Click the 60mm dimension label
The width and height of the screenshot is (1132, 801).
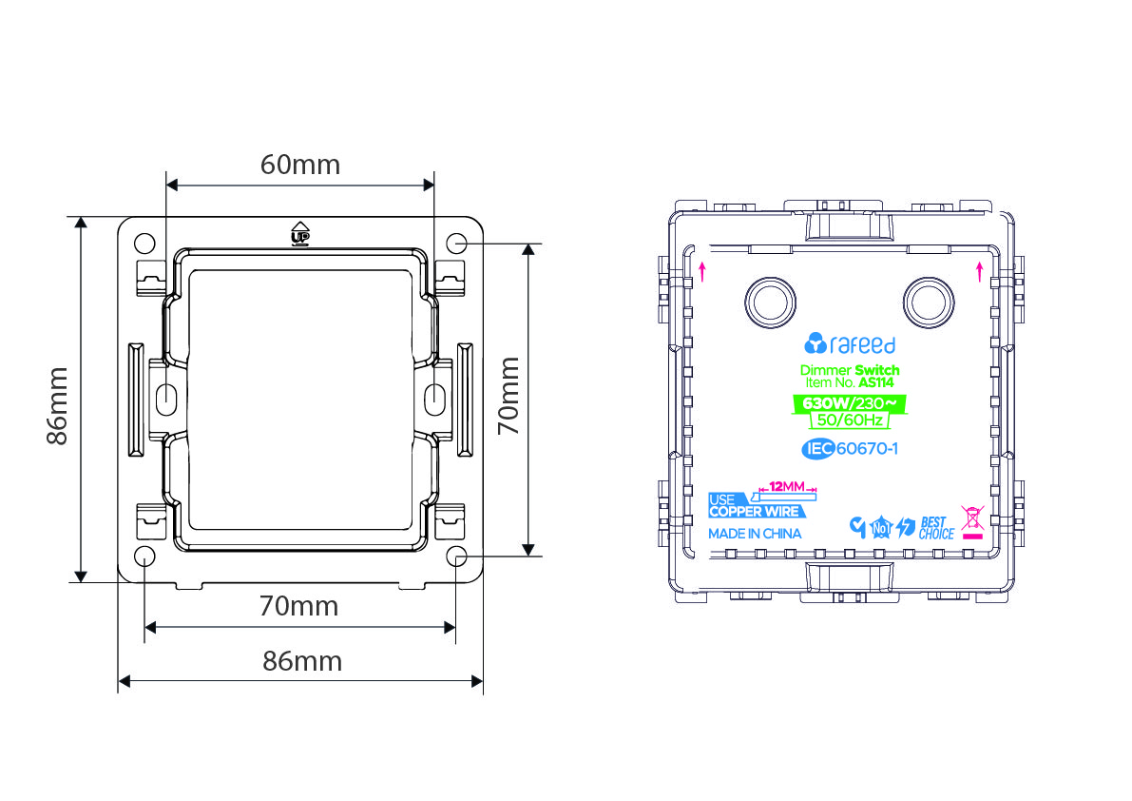tap(300, 165)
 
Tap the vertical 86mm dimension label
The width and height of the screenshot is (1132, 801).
tap(57, 406)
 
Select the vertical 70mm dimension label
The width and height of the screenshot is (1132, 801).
tap(509, 395)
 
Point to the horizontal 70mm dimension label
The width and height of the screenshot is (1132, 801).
tap(298, 606)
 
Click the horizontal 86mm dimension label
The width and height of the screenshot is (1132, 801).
tap(301, 661)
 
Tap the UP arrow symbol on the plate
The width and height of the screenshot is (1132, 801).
tap(300, 233)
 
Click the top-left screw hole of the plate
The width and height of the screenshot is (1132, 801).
tap(145, 243)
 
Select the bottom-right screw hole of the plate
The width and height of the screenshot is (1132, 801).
tap(456, 556)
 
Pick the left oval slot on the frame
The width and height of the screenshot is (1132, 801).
tap(166, 398)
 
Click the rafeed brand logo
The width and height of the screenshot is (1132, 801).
tap(850, 343)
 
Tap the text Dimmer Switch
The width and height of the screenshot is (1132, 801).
tap(850, 370)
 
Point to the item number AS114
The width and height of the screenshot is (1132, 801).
tap(875, 382)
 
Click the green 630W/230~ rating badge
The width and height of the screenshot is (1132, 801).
tap(850, 403)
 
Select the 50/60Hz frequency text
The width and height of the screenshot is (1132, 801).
tap(850, 420)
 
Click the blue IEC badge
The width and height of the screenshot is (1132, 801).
tap(818, 449)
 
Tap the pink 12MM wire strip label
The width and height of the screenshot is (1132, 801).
tap(787, 486)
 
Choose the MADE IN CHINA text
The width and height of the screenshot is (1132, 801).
tap(755, 534)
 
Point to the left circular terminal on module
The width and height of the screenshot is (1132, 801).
tap(770, 303)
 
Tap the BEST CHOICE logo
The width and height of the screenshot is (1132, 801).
tap(936, 528)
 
